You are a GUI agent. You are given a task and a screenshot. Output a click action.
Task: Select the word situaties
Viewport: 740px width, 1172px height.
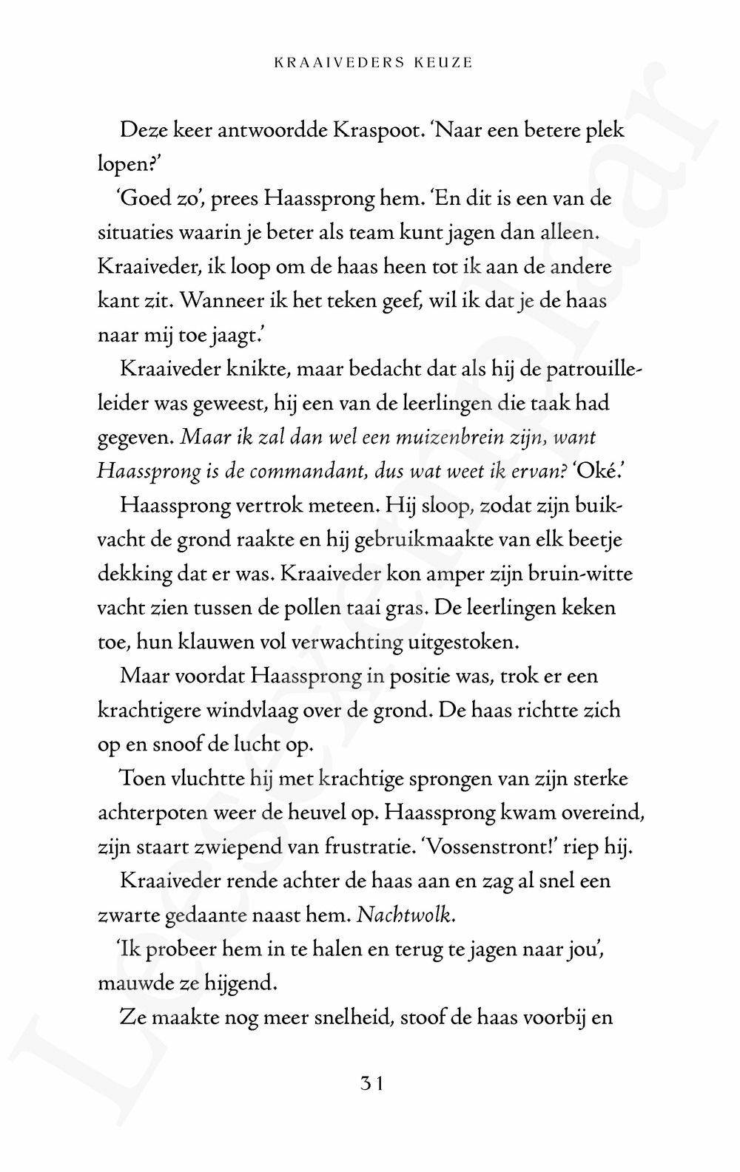(x=133, y=232)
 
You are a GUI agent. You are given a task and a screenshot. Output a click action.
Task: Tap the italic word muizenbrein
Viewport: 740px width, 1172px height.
(x=435, y=438)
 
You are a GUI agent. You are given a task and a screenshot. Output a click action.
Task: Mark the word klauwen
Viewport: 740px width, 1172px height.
(x=213, y=642)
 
